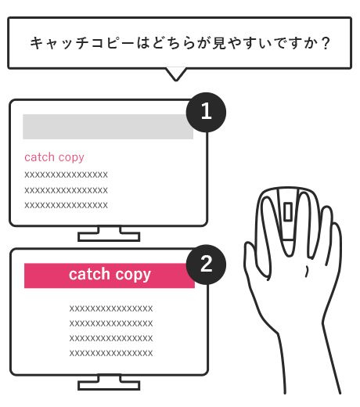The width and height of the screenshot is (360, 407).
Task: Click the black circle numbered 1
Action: click(x=206, y=112)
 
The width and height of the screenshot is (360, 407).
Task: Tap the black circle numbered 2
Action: click(x=206, y=265)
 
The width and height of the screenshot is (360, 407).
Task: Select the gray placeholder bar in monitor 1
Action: click(x=108, y=127)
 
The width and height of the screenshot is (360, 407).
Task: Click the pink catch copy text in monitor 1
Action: click(x=54, y=157)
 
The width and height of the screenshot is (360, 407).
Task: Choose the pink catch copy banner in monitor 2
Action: click(x=110, y=276)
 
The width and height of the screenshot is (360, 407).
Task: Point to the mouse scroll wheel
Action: click(x=288, y=211)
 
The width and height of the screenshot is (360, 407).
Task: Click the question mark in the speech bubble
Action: click(x=326, y=43)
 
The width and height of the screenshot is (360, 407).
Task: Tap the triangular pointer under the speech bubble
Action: click(x=176, y=74)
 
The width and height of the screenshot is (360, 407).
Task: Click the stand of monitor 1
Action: click(x=109, y=233)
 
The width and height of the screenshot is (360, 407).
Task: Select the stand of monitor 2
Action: click(x=109, y=382)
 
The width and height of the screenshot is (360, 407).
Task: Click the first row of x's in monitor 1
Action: click(x=66, y=175)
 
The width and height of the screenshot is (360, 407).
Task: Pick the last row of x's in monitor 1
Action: click(x=66, y=205)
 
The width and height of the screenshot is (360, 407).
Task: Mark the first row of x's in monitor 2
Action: click(x=111, y=308)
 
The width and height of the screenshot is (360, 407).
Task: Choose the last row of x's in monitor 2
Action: click(x=111, y=353)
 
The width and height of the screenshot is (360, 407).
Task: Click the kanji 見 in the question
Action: click(x=219, y=43)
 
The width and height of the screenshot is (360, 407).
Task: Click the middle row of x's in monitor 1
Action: click(x=66, y=190)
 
